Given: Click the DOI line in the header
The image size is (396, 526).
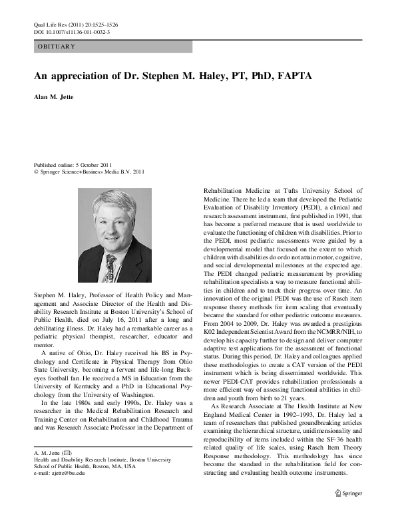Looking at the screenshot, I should point(72,31).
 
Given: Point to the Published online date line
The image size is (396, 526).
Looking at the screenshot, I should point(73,164).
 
